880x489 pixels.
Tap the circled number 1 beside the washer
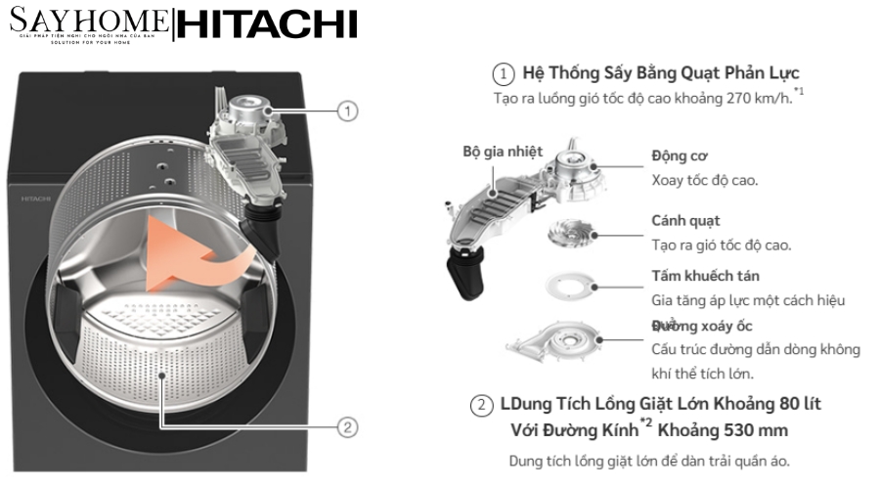pos(347,111)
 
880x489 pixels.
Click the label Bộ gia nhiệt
pos(502,152)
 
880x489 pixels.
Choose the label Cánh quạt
pos(685,221)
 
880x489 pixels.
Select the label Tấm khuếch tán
pos(705,277)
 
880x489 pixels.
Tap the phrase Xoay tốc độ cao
pos(705,180)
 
